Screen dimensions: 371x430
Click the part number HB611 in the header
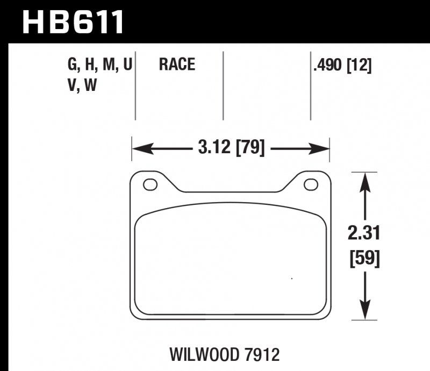tap(73, 22)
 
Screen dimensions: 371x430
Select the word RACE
tap(177, 66)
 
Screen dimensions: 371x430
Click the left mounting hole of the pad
tap(150, 184)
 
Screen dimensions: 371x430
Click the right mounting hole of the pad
tap(311, 184)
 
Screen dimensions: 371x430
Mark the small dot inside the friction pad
tap(291, 279)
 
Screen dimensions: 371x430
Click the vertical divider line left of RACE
tap(135, 86)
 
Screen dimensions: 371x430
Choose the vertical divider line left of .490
tap(310, 86)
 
